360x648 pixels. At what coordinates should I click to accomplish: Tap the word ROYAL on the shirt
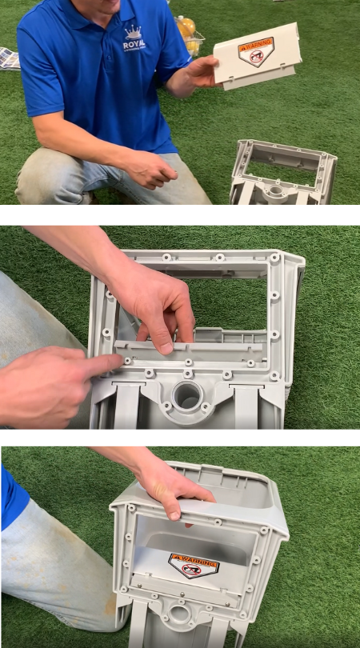(134, 46)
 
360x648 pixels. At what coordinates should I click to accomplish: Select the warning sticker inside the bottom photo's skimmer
(193, 564)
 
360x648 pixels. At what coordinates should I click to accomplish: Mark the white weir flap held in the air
(257, 56)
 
